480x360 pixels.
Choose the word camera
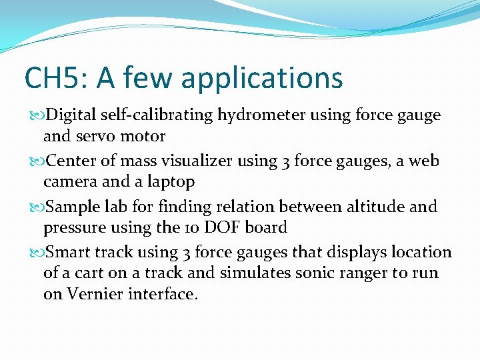pos(70,181)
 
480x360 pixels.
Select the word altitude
pos(377,206)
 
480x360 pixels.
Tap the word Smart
pos(69,252)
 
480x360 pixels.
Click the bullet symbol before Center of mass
pos(35,161)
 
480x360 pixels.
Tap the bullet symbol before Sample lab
pos(35,207)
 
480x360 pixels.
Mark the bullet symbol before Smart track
pos(35,253)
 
